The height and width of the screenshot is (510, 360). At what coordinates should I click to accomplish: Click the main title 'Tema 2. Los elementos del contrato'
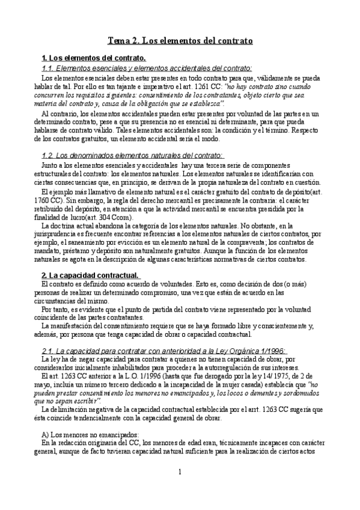(x=179, y=41)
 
